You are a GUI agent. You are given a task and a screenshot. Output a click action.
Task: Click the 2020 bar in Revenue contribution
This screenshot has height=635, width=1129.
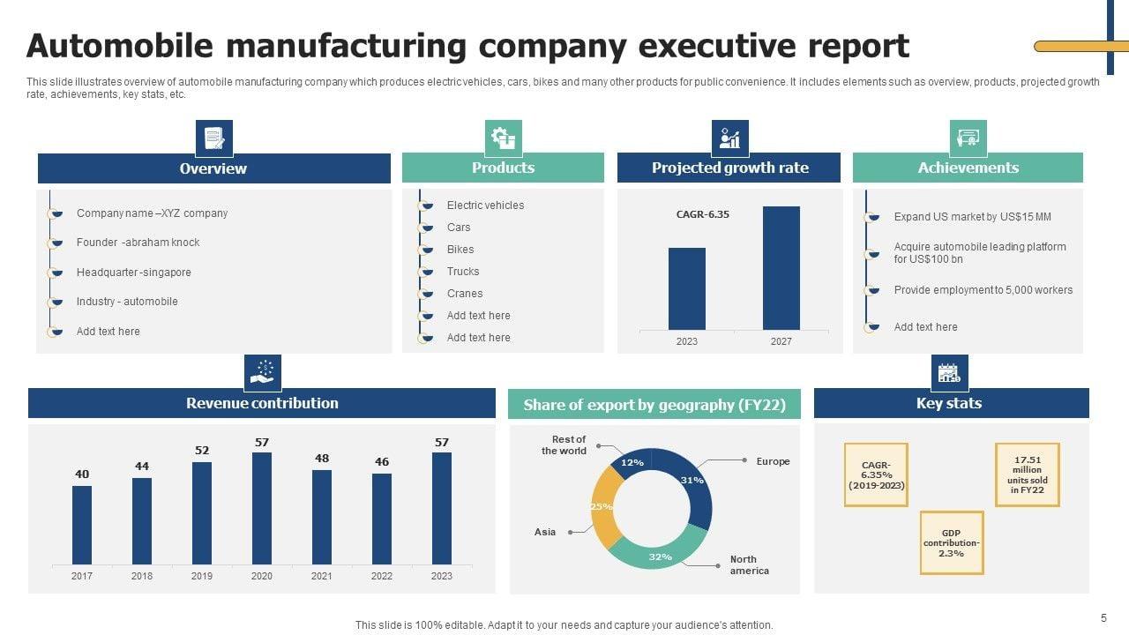pyautogui.click(x=262, y=508)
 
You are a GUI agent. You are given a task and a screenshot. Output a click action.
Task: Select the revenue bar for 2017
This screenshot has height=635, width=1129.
pyautogui.click(x=82, y=525)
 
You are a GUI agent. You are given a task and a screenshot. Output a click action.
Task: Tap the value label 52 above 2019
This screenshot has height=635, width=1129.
pyautogui.click(x=202, y=451)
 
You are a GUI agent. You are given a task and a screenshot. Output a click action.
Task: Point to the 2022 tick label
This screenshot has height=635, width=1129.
pyautogui.click(x=382, y=576)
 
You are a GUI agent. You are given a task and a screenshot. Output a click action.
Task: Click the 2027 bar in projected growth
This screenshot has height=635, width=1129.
pyautogui.click(x=781, y=268)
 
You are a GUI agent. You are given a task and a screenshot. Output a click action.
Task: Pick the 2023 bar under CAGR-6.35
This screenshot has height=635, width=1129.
pyautogui.click(x=687, y=288)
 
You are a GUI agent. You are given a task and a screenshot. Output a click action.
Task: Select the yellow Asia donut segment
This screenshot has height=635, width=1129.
pyautogui.click(x=603, y=508)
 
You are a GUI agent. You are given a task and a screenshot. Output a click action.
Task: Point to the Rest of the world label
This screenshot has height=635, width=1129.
pyautogui.click(x=565, y=444)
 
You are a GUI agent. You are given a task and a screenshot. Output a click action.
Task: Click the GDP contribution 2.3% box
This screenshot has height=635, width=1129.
pyautogui.click(x=951, y=543)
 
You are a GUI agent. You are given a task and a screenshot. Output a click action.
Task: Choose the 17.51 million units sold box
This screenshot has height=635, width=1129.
pyautogui.click(x=1027, y=474)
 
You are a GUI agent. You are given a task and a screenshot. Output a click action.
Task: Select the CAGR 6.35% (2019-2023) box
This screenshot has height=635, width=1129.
pyautogui.click(x=876, y=474)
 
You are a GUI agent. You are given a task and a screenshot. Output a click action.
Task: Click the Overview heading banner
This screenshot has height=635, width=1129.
pyautogui.click(x=213, y=168)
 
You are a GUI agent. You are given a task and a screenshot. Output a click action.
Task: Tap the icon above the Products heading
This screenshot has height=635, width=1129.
pyautogui.click(x=504, y=138)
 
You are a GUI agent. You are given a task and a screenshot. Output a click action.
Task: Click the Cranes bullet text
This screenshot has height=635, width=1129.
pyautogui.click(x=465, y=294)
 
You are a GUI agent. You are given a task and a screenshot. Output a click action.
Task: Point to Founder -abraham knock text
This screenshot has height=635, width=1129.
pyautogui.click(x=138, y=243)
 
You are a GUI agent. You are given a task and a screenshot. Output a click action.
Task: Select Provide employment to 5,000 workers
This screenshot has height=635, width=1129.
pyautogui.click(x=983, y=290)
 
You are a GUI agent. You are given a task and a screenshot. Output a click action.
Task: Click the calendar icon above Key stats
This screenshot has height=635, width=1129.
pyautogui.click(x=949, y=373)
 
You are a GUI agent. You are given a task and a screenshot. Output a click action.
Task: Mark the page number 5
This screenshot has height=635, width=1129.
pyautogui.click(x=1103, y=618)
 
